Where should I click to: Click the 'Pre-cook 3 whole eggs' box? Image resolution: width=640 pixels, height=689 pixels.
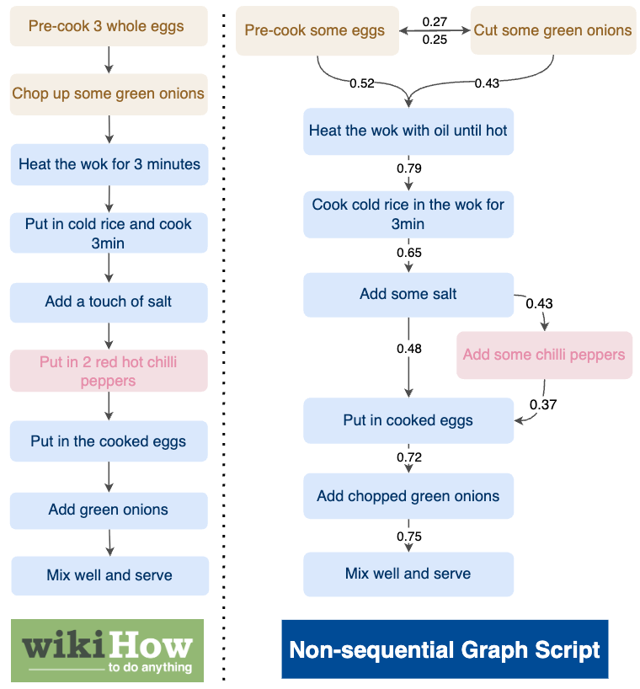tap(109, 26)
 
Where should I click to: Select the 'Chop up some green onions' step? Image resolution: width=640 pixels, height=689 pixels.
tap(109, 93)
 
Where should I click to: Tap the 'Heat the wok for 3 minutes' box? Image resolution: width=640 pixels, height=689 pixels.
tap(109, 164)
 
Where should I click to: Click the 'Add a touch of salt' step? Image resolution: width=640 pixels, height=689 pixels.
tap(109, 302)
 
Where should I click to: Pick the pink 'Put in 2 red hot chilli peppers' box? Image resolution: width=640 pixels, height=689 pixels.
tap(109, 371)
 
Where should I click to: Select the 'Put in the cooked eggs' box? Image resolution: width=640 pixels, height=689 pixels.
tap(109, 441)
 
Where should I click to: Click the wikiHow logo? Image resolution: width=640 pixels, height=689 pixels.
tap(107, 650)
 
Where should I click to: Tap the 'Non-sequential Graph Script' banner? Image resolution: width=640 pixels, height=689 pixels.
tap(445, 649)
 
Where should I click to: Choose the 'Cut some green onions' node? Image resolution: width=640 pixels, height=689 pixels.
tap(552, 31)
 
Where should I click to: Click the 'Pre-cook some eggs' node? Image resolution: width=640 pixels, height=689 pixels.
tap(315, 31)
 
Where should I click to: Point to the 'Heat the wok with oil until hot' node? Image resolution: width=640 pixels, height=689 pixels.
tap(408, 131)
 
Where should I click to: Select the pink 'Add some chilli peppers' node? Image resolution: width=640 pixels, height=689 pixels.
tap(544, 355)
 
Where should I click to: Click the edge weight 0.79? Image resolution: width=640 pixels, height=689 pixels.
tap(408, 168)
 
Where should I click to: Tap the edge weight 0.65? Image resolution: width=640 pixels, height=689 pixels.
tap(408, 253)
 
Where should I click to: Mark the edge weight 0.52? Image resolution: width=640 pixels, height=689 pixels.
tap(362, 83)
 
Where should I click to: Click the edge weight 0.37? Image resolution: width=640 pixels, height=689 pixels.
tap(542, 405)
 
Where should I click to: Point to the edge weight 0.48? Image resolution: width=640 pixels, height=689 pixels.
tap(408, 349)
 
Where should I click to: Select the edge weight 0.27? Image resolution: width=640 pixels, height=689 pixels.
tap(435, 21)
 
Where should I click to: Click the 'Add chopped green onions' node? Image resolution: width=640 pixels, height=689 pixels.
tap(408, 497)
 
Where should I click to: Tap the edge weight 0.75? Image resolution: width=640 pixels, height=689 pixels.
tap(408, 537)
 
